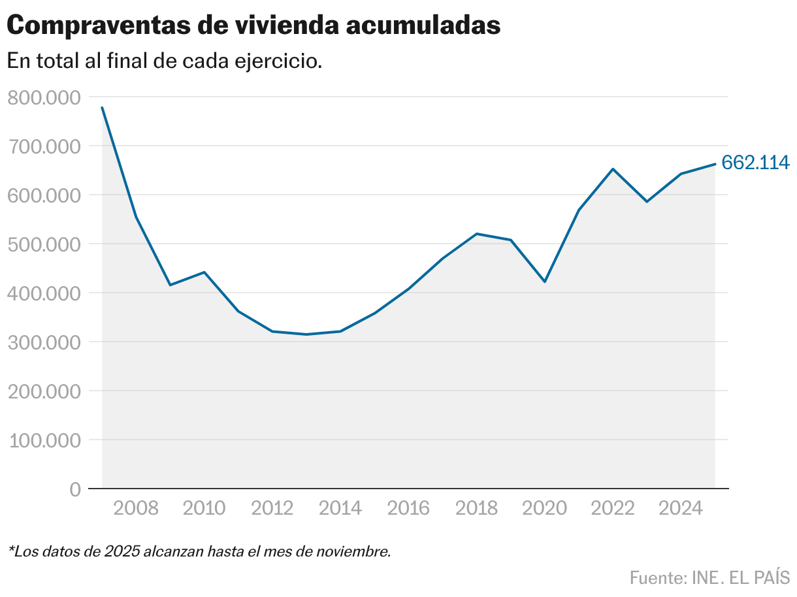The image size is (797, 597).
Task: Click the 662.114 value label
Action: point(755,163)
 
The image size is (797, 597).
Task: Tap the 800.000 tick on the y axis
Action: point(43,97)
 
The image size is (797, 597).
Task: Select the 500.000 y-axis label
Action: point(43,244)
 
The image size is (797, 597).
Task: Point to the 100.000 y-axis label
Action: point(43,440)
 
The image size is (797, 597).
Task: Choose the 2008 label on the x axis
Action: point(136,508)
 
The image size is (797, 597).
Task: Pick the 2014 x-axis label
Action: point(340,508)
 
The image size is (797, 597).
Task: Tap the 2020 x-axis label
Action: point(545,508)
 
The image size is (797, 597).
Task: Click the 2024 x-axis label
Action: point(681,508)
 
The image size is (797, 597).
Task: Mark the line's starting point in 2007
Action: point(103,107)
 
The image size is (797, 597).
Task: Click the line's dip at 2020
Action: point(545,282)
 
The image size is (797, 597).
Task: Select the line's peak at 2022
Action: point(613,169)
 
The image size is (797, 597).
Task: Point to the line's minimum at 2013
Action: point(306,334)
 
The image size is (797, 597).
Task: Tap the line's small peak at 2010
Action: point(204,272)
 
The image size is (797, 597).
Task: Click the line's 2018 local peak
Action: point(477,234)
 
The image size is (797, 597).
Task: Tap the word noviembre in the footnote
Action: point(359,551)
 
